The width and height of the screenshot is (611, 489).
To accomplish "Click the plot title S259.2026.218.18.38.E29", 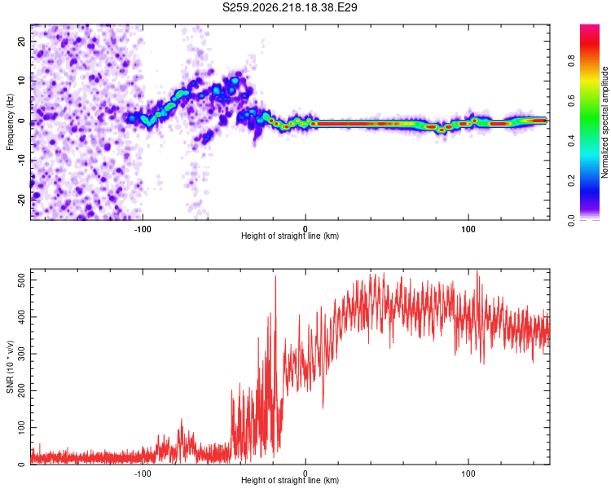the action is (289, 7).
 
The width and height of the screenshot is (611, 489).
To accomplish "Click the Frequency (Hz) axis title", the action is (10, 122).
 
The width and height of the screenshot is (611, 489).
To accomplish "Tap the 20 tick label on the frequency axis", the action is (21, 42).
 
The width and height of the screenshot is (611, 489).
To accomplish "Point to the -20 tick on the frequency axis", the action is (21, 200).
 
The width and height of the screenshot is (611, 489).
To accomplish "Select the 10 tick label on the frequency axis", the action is (21, 81).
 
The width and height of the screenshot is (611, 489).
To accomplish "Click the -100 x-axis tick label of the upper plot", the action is (143, 229).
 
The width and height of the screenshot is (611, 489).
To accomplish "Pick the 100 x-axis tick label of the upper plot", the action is (468, 229).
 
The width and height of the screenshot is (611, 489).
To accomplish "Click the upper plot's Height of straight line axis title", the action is (290, 236).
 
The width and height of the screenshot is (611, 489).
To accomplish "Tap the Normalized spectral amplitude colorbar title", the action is (604, 122).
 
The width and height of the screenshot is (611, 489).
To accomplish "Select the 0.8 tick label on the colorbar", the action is (571, 61).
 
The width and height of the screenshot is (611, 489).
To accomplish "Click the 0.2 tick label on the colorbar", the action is (571, 181).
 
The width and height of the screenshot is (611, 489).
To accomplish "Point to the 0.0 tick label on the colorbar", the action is (571, 221).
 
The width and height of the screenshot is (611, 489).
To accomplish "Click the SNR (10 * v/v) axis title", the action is (10, 367).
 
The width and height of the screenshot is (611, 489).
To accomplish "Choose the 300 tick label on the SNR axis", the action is (21, 354).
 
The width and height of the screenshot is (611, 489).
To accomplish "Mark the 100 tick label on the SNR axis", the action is (21, 428).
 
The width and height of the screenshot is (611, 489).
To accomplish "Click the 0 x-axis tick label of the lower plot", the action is (305, 474).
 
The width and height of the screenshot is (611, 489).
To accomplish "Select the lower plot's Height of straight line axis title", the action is (290, 480).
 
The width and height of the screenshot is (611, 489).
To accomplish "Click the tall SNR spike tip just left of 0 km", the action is (275, 276).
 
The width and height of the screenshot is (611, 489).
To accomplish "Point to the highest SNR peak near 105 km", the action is (477, 270).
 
